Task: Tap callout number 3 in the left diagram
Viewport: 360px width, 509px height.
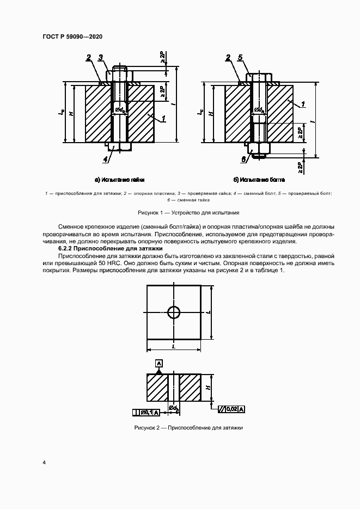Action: [101, 57]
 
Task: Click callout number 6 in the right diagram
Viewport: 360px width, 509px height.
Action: [243, 158]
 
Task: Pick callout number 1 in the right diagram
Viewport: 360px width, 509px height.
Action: [303, 102]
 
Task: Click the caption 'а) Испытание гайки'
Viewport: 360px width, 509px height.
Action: [119, 179]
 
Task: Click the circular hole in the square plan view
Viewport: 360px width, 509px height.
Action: [174, 312]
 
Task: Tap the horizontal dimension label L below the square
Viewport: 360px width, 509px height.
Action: [174, 346]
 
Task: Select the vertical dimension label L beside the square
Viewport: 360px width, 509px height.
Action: [209, 312]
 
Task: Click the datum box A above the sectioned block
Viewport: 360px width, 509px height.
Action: [158, 363]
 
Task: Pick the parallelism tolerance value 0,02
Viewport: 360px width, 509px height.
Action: [231, 408]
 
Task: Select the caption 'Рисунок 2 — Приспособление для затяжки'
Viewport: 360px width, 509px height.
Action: [188, 428]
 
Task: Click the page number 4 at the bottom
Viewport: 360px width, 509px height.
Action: [44, 462]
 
